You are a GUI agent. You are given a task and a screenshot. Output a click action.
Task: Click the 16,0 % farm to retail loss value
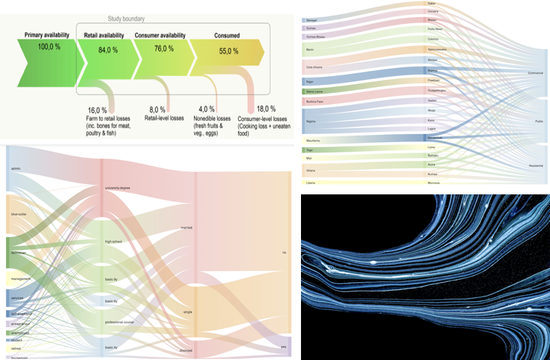[98, 110]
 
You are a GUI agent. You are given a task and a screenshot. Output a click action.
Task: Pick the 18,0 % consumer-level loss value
[265, 109]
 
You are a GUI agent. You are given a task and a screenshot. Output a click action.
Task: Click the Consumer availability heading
[160, 35]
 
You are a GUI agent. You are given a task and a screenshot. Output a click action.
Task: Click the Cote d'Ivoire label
[314, 68]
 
